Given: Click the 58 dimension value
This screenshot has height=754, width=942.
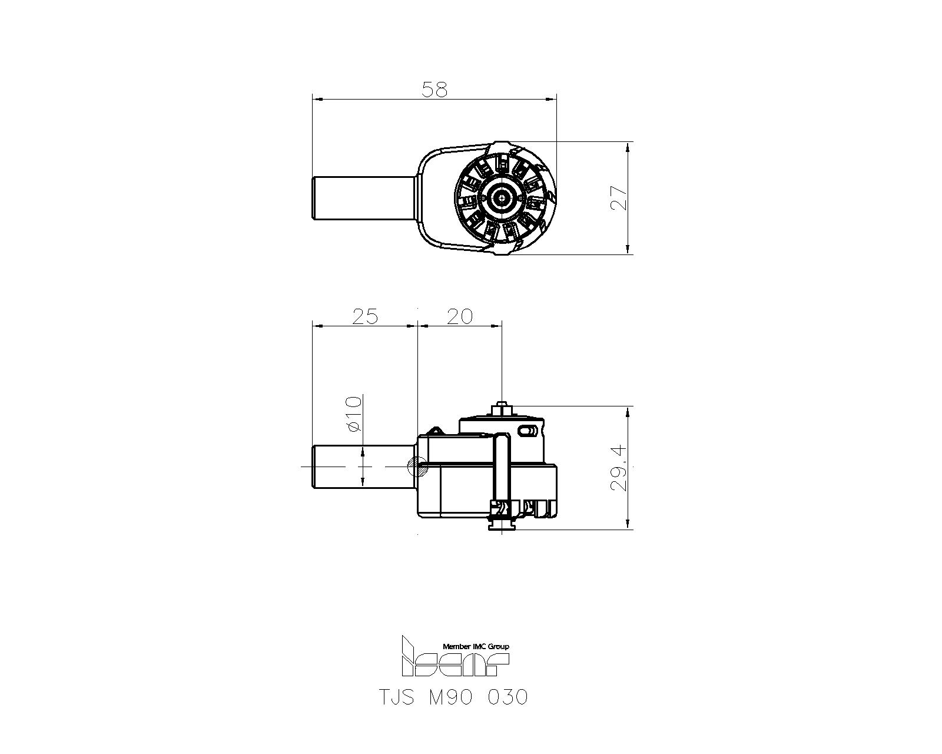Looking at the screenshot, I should coord(434,90).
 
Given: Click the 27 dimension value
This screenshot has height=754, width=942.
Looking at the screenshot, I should coord(618,199).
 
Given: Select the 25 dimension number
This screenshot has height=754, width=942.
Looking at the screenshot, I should coord(364,316).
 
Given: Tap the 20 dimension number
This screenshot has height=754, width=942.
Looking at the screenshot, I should coord(459,316).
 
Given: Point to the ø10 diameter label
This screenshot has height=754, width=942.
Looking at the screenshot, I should coord(353,414).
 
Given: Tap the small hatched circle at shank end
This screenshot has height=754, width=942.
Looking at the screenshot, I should coord(417,466).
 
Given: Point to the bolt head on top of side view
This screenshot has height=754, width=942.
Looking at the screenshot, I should coord(501,408).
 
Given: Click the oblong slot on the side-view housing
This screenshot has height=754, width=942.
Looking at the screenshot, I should coord(528,432).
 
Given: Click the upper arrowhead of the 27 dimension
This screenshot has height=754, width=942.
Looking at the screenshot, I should coord(628,146).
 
